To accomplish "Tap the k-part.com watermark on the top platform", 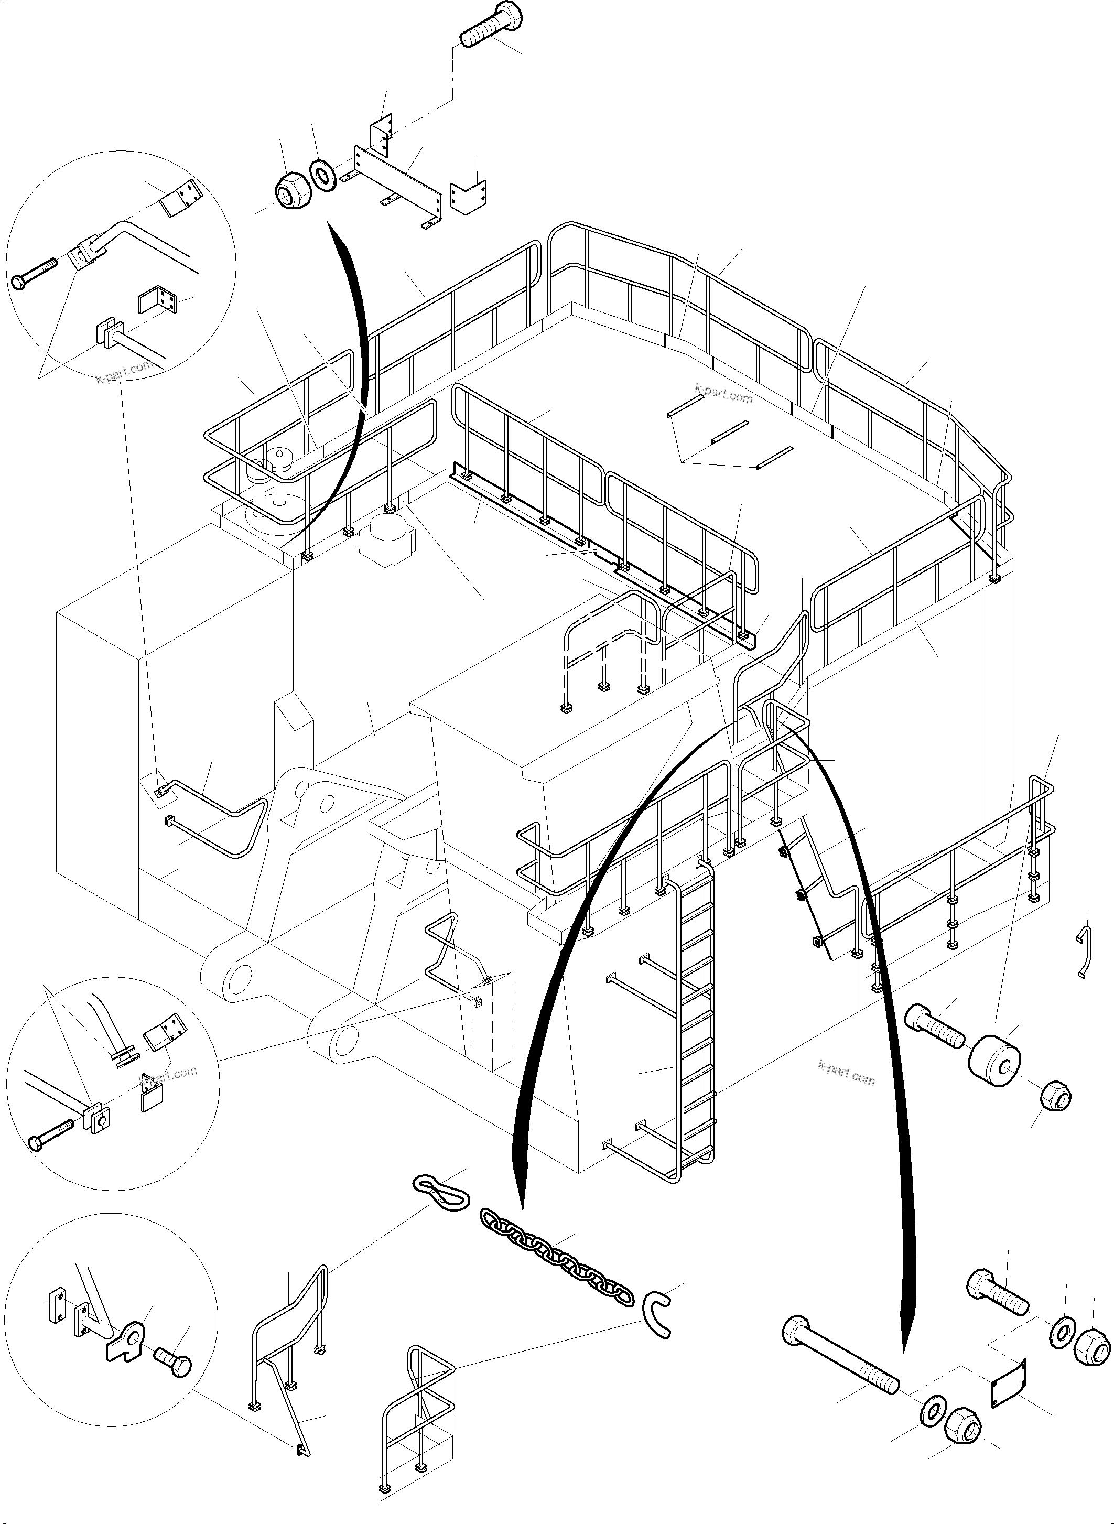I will click(723, 393).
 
